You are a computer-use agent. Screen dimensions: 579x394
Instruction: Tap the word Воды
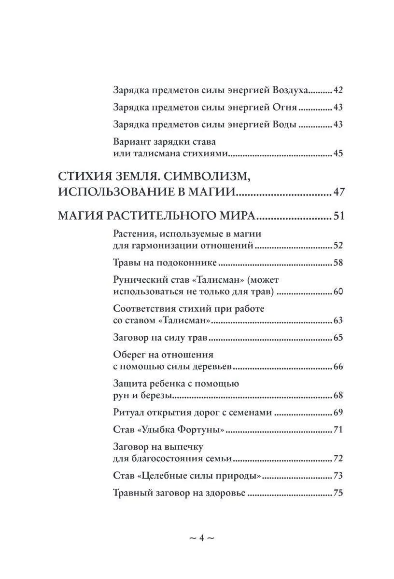(x=286, y=124)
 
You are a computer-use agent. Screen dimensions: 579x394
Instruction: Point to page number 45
(x=338, y=154)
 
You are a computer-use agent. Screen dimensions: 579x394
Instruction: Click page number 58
(x=338, y=263)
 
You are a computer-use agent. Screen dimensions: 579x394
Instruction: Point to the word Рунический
(x=139, y=280)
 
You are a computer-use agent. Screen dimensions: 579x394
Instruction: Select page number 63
(x=338, y=320)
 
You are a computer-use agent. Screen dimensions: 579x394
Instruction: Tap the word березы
(x=156, y=396)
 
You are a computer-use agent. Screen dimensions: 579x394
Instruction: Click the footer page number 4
(x=201, y=538)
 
